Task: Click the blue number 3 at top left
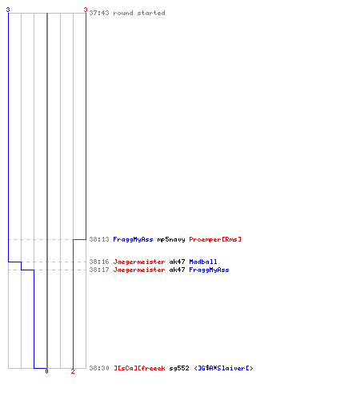[8, 10]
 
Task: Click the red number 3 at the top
[86, 10]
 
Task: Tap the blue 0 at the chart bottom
[46, 371]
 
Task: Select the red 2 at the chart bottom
[73, 371]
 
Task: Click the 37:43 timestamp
[99, 13]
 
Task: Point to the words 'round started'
[139, 13]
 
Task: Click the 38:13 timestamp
[99, 239]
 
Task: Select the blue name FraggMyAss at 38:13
[133, 239]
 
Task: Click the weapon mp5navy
[171, 239]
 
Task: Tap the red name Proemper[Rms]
[215, 239]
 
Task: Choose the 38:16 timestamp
[99, 262]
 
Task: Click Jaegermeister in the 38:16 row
[139, 262]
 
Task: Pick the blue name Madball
[203, 262]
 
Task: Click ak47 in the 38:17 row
[177, 270]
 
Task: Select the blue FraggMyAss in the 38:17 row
[209, 270]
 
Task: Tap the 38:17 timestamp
[99, 270]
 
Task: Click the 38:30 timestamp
[99, 368]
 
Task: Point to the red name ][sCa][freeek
[139, 368]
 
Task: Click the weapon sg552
[179, 368]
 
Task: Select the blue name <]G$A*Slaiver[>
[223, 368]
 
